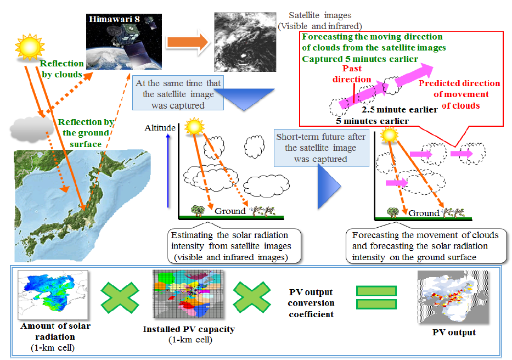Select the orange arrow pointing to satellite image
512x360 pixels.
pos(186,42)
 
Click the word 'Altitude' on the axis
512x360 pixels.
pos(160,128)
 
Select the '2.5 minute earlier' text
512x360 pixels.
pos(400,110)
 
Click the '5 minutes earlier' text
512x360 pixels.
pos(373,120)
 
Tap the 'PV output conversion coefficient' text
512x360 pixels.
pos(311,303)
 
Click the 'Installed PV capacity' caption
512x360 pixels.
pos(188,329)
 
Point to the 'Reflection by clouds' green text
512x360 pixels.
pos(61,69)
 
